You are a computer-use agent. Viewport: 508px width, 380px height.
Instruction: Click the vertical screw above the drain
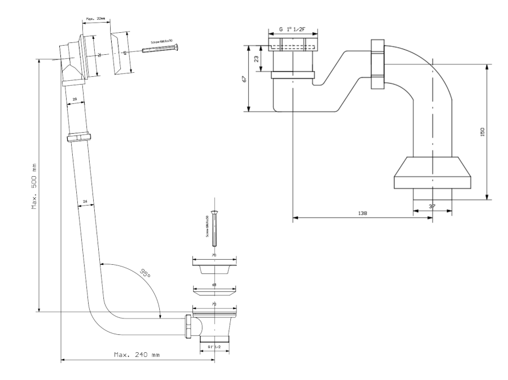[x=214, y=232]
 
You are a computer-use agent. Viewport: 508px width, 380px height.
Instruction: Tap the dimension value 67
[x=244, y=78]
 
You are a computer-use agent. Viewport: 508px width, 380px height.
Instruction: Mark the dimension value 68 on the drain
[x=214, y=285]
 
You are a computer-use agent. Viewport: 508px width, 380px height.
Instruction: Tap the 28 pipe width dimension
[x=74, y=99]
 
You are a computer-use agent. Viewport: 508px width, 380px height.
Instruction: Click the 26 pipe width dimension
[x=85, y=202]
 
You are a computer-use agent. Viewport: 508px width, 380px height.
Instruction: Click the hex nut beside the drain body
[x=187, y=327]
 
